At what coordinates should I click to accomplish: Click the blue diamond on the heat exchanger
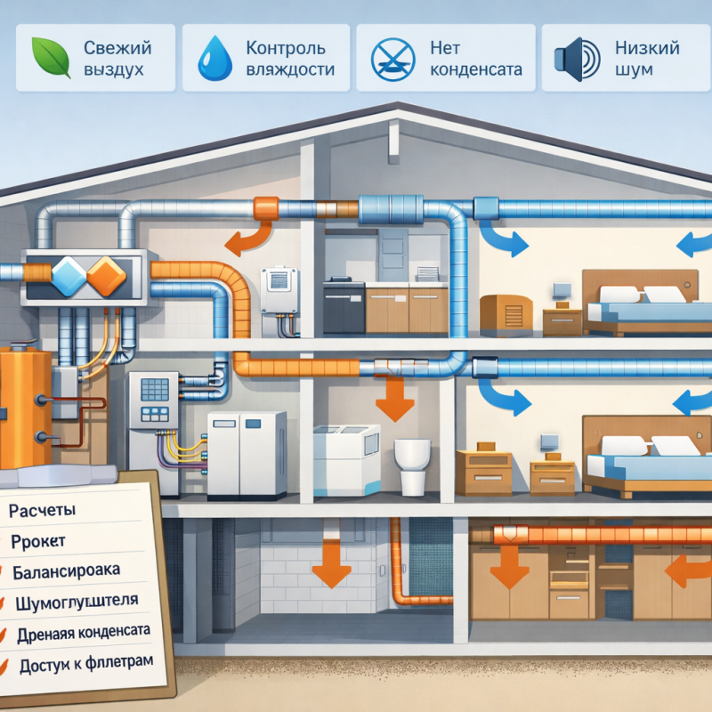[x=68, y=275]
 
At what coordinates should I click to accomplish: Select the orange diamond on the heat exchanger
[x=106, y=275]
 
